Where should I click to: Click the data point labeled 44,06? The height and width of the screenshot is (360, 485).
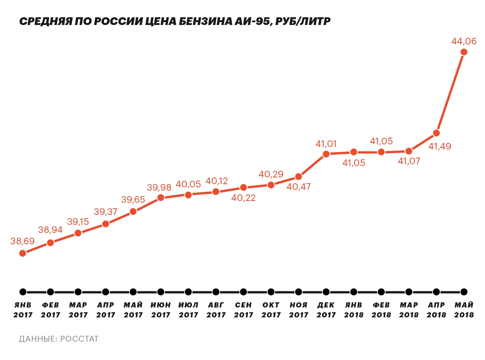(464, 52)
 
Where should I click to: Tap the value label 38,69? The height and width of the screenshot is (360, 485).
(22, 241)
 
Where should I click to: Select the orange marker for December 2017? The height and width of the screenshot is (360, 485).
(326, 154)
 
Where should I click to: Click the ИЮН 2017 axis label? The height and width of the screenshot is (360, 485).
(160, 310)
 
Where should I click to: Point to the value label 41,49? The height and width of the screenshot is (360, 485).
(439, 146)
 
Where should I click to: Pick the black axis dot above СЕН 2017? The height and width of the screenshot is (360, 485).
(243, 292)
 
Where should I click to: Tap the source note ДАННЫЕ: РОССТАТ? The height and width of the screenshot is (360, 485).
(59, 339)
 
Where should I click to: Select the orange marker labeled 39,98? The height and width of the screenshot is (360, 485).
(161, 198)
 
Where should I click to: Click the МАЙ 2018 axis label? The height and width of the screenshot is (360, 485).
(464, 310)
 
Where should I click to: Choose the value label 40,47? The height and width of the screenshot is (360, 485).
(298, 187)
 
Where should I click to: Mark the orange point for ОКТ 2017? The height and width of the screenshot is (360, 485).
(271, 185)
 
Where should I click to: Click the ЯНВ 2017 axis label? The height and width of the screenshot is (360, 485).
(23, 310)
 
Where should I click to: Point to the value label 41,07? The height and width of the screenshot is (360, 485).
(409, 161)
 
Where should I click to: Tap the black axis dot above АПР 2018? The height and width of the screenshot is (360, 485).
(436, 292)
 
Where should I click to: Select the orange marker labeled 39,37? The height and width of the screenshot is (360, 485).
(106, 224)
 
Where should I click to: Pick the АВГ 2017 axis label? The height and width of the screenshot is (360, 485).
(216, 310)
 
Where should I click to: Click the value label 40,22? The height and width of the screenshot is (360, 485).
(243, 198)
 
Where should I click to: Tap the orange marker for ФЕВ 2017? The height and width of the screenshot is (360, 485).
(50, 243)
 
